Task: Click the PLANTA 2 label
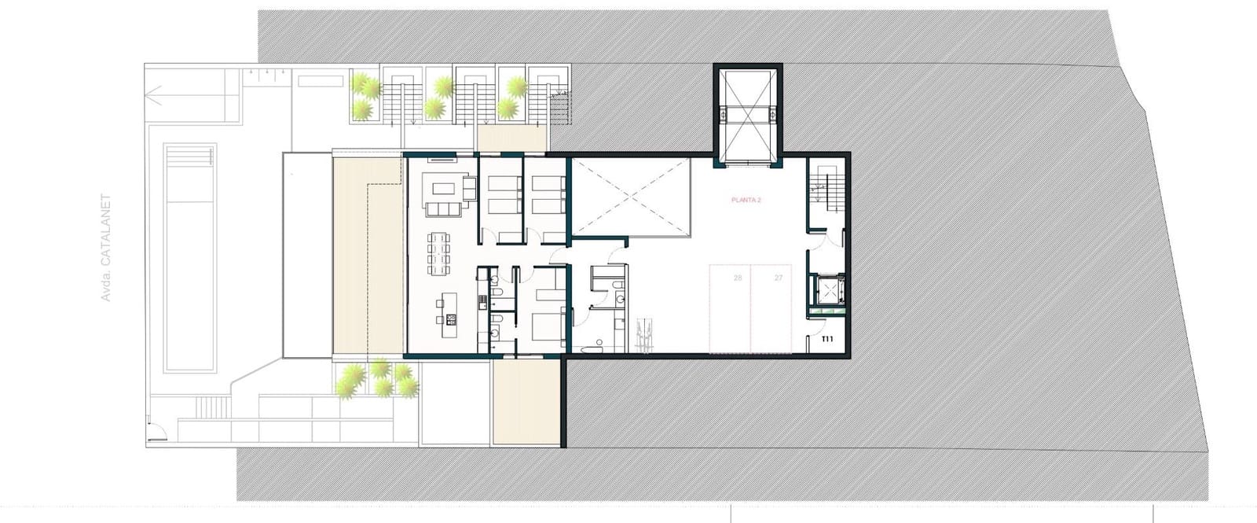(746, 201)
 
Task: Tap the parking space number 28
(738, 278)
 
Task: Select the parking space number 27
(779, 278)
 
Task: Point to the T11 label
(826, 340)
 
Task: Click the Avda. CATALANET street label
(107, 249)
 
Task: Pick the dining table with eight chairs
(440, 252)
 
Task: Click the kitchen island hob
(451, 319)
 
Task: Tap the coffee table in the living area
(442, 189)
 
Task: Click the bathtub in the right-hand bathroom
(588, 347)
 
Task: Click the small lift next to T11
(830, 289)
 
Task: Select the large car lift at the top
(746, 114)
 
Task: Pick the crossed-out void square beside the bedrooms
(631, 197)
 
